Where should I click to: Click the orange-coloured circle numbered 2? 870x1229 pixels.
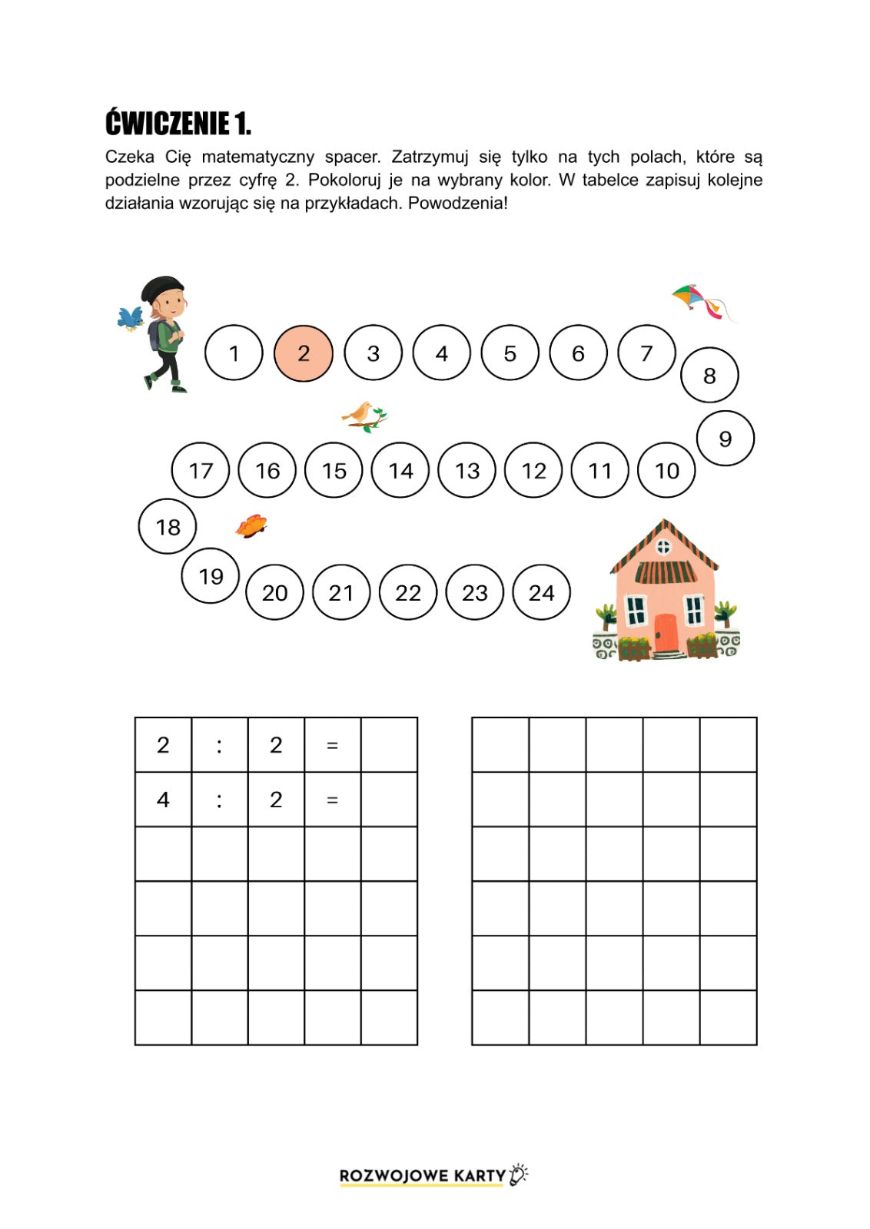click(304, 353)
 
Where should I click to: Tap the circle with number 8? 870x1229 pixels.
click(709, 375)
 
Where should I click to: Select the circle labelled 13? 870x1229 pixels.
click(467, 470)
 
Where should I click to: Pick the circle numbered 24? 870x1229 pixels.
click(541, 592)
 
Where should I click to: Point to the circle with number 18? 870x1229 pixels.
click(168, 527)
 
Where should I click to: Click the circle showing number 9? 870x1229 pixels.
click(725, 439)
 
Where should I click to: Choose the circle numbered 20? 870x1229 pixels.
click(274, 592)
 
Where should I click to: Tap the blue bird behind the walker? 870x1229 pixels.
click(130, 317)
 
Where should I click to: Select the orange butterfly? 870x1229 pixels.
click(251, 526)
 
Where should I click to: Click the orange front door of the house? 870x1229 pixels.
click(666, 633)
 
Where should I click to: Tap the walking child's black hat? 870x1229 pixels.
click(162, 288)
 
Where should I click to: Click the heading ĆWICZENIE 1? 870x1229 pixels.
click(178, 123)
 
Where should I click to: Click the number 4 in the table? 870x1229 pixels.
click(163, 800)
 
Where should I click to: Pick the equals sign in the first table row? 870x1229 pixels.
click(332, 745)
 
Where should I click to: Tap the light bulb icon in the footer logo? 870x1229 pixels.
click(519, 1174)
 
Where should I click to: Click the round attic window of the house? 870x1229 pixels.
click(664, 547)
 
